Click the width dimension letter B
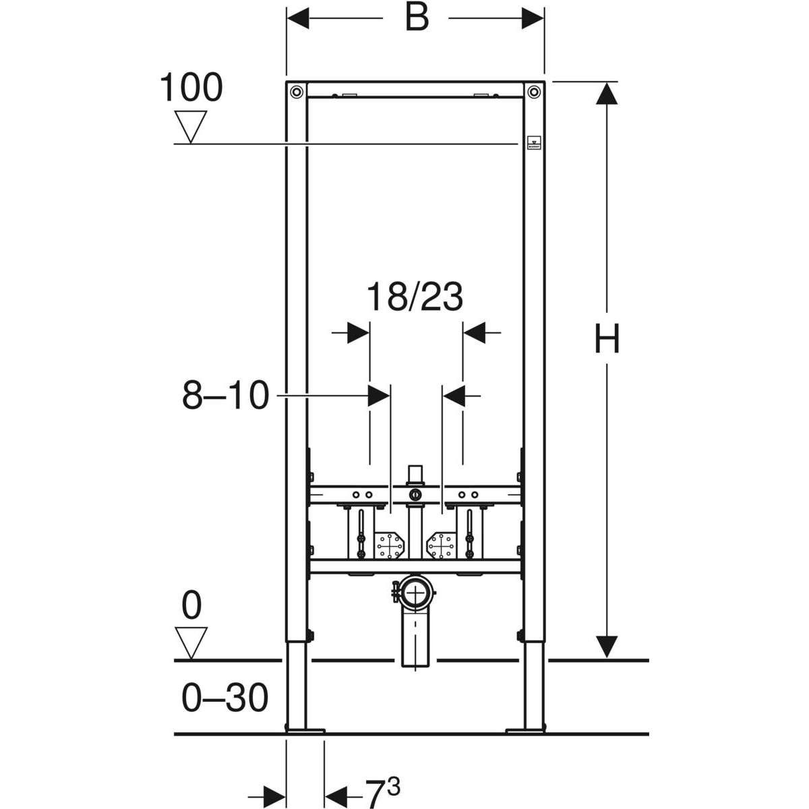click(x=417, y=18)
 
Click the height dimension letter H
click(x=607, y=338)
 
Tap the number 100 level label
click(x=191, y=87)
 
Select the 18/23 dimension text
click(x=415, y=297)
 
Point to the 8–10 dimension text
click(x=225, y=395)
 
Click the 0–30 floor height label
click(x=224, y=697)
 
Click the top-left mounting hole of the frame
click(x=297, y=91)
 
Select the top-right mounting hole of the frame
click(x=534, y=91)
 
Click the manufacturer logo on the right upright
click(x=535, y=143)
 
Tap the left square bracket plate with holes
click(x=389, y=546)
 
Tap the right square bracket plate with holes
click(x=442, y=546)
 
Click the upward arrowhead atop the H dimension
click(x=607, y=93)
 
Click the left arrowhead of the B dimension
click(x=298, y=18)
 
